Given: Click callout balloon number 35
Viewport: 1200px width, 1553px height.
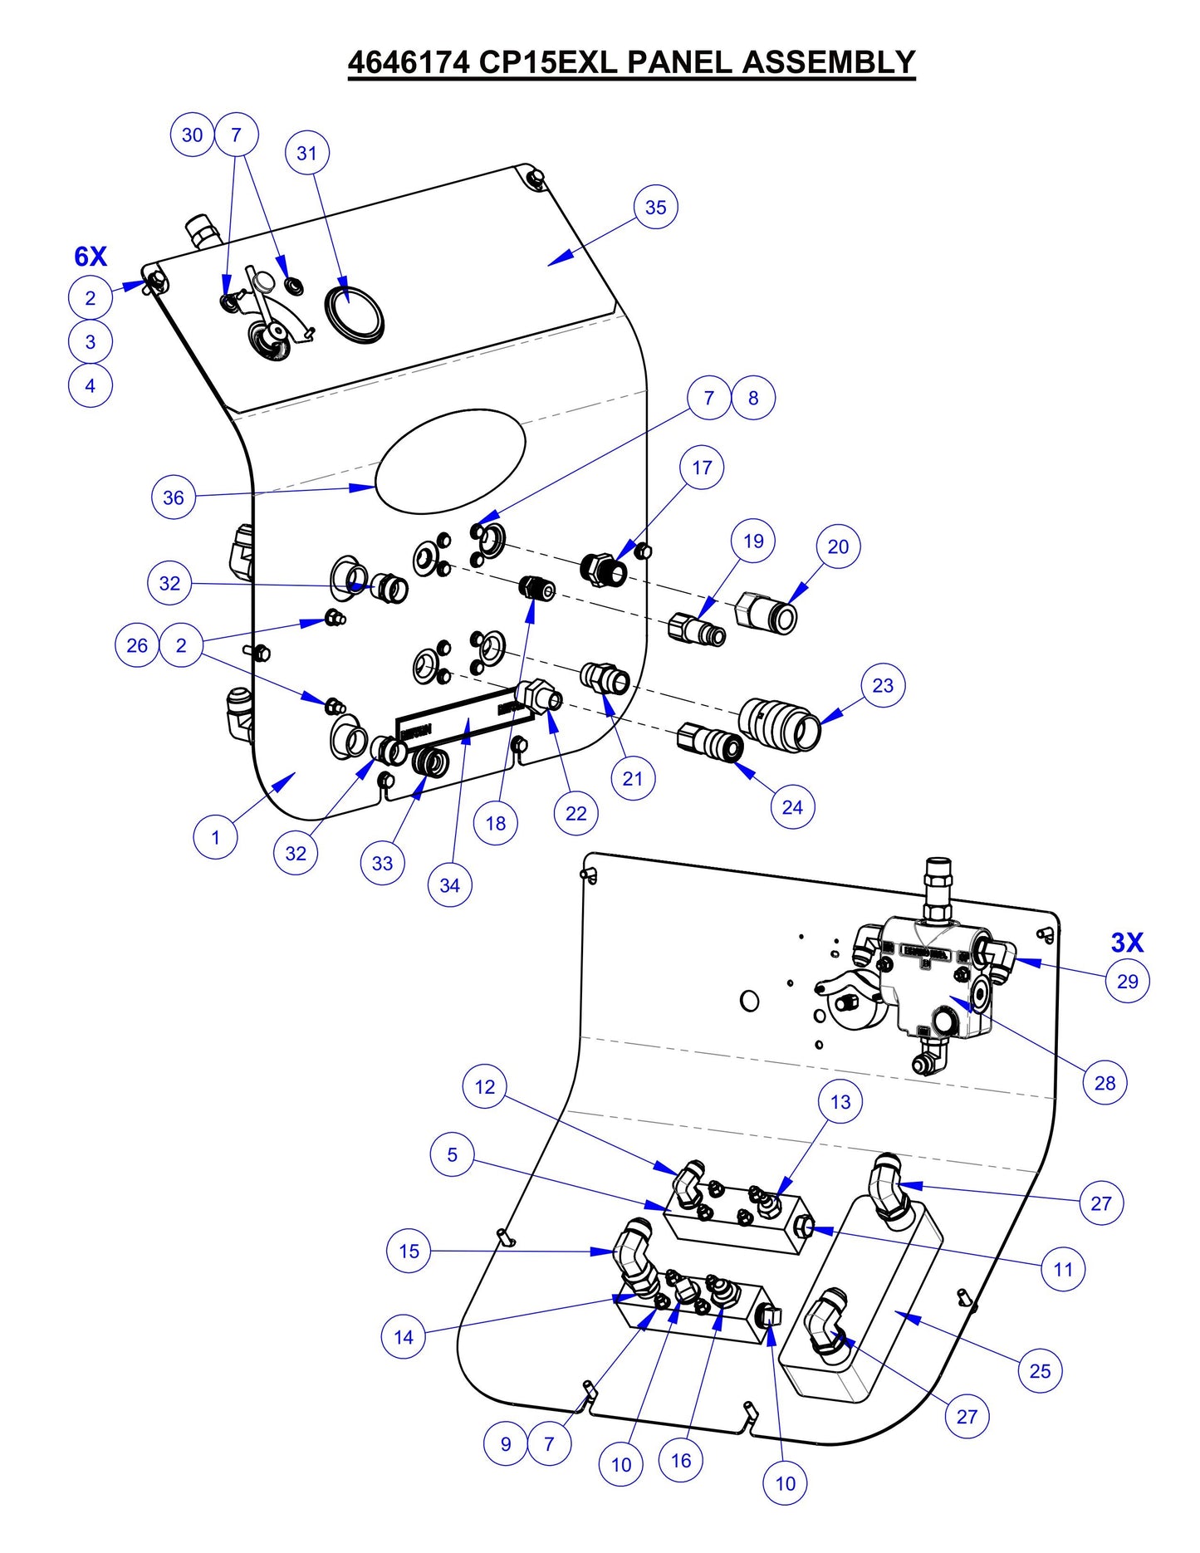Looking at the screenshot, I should (x=655, y=208).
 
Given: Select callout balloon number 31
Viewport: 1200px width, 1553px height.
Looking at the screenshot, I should (x=306, y=154).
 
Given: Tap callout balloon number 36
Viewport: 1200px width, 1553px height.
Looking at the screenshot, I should (x=173, y=497).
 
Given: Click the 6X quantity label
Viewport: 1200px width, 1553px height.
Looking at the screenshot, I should (x=91, y=257).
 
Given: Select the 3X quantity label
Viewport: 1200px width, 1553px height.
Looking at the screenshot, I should (x=1127, y=943).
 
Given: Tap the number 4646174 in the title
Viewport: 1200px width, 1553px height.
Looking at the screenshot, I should (x=408, y=62).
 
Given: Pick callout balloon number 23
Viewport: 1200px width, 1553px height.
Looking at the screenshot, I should (x=883, y=686).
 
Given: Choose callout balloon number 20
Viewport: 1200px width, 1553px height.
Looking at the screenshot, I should (x=838, y=546).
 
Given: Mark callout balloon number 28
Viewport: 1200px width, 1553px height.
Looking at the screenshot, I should (x=1104, y=1083).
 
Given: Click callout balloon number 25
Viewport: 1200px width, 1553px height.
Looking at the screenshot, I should (x=1040, y=1371).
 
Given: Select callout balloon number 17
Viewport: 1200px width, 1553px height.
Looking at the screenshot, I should (x=702, y=468).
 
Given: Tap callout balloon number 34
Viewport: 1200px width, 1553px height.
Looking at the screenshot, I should (x=449, y=885).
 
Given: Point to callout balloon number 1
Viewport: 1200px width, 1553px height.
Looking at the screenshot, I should (x=215, y=837).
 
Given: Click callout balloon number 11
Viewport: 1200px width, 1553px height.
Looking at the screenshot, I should (x=1063, y=1269).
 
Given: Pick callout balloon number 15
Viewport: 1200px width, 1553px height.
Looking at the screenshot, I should (x=409, y=1251).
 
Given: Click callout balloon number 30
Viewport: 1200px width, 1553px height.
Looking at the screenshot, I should (x=192, y=135).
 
